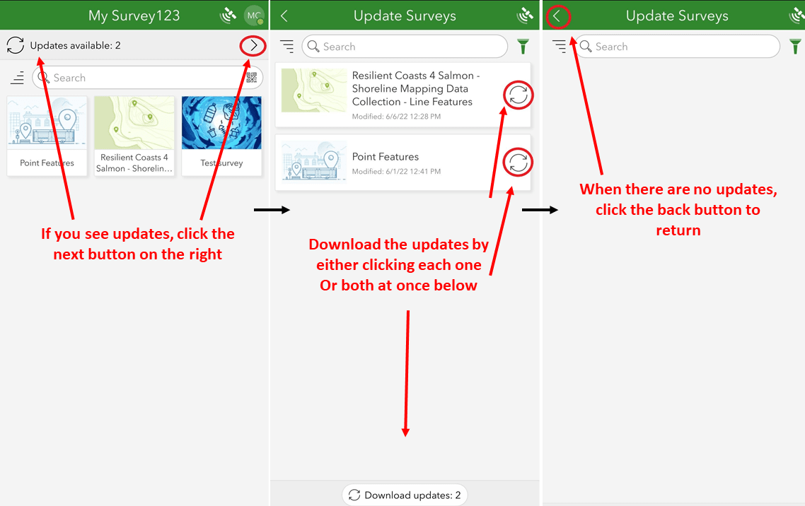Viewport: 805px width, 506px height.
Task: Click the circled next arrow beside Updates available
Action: click(x=253, y=46)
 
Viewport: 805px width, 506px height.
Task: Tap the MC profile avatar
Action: click(x=253, y=16)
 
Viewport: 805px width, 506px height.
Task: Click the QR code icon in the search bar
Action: click(x=252, y=78)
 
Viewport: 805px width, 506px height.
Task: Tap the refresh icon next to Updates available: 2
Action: click(x=15, y=46)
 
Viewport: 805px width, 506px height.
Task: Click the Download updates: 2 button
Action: click(x=405, y=495)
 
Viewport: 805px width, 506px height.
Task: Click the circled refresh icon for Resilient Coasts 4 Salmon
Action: click(x=519, y=95)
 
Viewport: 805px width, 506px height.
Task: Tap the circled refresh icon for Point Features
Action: click(x=519, y=163)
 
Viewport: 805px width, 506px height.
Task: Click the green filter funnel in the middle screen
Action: click(x=523, y=47)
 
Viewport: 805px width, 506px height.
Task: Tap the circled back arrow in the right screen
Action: click(x=557, y=16)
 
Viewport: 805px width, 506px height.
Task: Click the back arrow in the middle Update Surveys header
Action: click(x=284, y=16)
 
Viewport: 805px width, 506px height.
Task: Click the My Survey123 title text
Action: click(x=134, y=16)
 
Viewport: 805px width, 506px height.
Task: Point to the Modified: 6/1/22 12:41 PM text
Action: click(x=396, y=172)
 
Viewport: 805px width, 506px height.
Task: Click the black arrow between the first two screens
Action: click(x=272, y=210)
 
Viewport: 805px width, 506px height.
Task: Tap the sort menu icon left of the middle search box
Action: click(x=286, y=47)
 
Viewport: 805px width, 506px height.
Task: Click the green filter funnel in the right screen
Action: click(x=795, y=47)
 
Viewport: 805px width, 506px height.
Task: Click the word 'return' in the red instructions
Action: click(x=678, y=230)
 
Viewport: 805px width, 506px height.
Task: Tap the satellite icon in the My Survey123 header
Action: click(x=228, y=16)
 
